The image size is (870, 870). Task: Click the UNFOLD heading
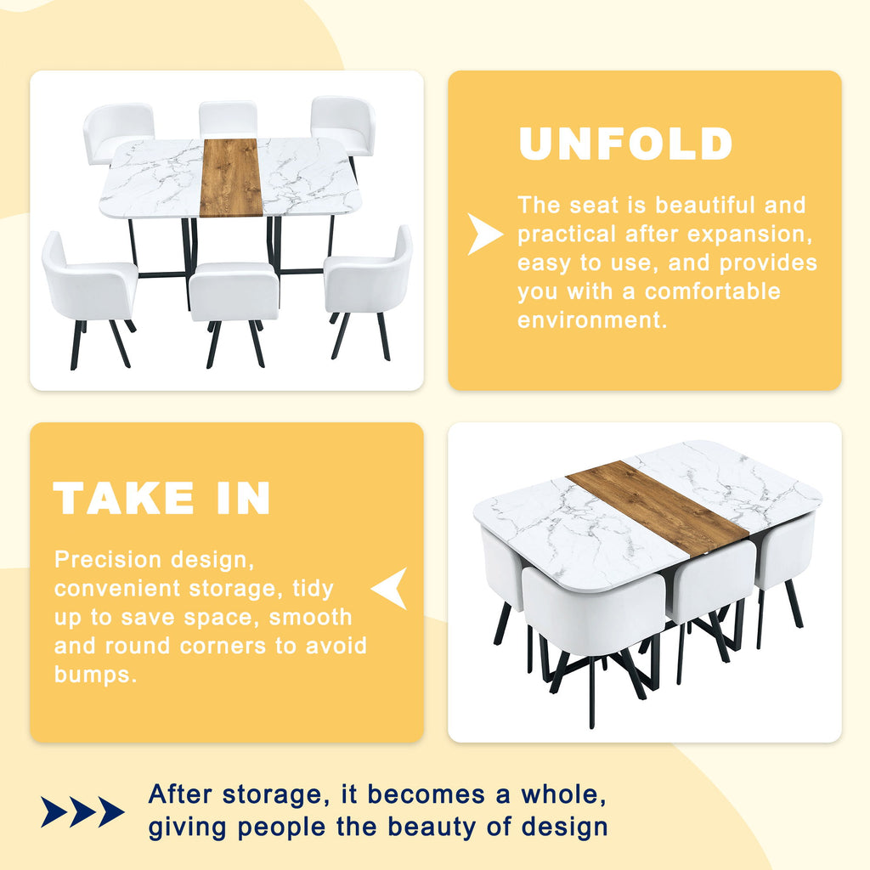[625, 144]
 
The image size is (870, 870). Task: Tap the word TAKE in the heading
[123, 498]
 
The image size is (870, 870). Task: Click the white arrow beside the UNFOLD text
[484, 234]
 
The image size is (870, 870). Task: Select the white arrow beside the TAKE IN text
[389, 588]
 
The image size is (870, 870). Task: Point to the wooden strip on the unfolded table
[230, 178]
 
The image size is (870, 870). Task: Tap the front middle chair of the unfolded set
[234, 314]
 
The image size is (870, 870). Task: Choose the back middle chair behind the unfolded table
[228, 119]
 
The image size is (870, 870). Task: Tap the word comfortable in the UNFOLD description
[713, 291]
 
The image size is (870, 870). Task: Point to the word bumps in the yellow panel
[95, 675]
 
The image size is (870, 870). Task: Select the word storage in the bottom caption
[272, 794]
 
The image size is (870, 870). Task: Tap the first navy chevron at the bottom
[54, 811]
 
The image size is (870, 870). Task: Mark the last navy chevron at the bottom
[111, 811]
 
